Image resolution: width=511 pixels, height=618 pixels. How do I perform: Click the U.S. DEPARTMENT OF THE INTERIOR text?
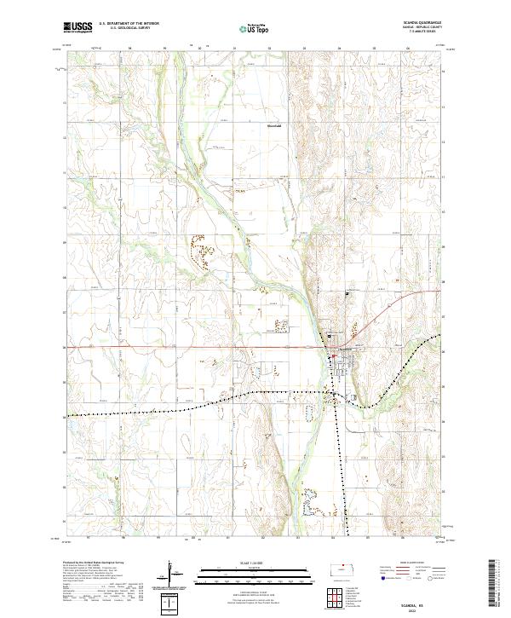(129, 23)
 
